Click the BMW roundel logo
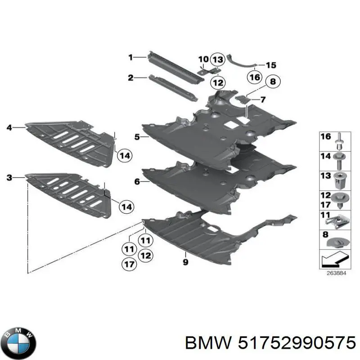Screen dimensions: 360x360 tap(20, 343)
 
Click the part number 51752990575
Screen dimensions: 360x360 tap(297, 342)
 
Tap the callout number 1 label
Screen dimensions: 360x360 tap(130, 57)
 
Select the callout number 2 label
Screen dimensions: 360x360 tap(130, 78)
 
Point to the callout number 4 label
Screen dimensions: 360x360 tap(9, 127)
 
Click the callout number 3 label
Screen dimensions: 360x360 tap(9, 177)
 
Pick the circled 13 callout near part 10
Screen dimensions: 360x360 tap(218, 60)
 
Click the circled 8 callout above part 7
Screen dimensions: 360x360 tap(273, 81)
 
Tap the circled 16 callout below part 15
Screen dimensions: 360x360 tap(255, 77)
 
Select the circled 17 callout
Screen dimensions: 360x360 tap(129, 264)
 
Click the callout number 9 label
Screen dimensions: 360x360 tap(185, 262)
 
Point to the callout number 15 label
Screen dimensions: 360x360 tap(271, 65)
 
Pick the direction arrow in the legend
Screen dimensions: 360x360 tap(335, 259)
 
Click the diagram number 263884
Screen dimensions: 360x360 tap(336, 273)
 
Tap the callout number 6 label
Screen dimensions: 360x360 tap(137, 182)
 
